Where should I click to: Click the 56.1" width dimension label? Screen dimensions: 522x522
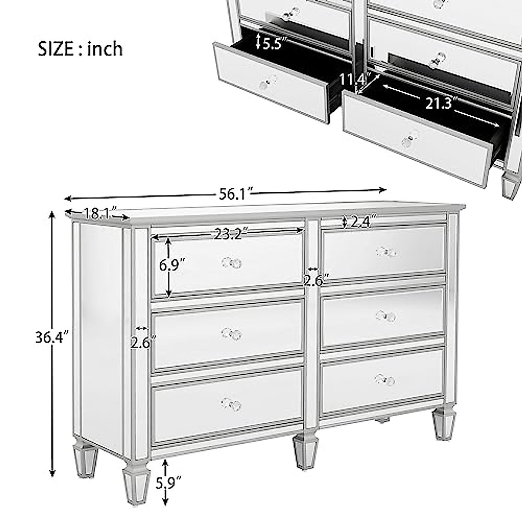(233, 194)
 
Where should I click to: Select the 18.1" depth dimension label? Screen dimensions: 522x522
(98, 214)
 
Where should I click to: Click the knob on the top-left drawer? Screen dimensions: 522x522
(231, 263)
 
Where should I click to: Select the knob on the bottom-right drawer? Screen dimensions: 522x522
(385, 379)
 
